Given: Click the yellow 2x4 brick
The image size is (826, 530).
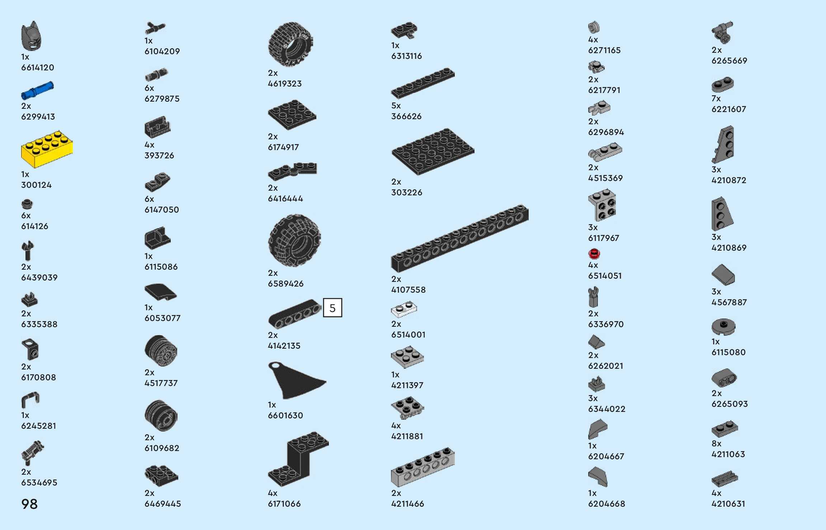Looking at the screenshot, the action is [x=47, y=149].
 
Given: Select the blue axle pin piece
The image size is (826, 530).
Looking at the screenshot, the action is [x=37, y=90].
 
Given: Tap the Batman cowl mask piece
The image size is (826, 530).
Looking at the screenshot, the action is [x=31, y=36].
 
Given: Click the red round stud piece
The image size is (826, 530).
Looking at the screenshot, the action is [x=594, y=254].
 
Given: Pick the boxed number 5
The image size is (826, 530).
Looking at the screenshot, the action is [x=332, y=308].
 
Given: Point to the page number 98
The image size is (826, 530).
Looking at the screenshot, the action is [x=29, y=504].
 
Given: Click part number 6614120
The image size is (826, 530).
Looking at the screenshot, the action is [x=38, y=68].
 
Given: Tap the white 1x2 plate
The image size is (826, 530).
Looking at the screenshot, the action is [x=404, y=309].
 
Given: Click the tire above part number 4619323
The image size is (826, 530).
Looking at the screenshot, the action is [x=291, y=45].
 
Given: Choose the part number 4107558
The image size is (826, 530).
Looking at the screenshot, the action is [x=408, y=290].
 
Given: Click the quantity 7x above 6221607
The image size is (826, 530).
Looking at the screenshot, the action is [x=716, y=98].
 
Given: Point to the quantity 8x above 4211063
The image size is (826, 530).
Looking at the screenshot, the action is [x=716, y=443].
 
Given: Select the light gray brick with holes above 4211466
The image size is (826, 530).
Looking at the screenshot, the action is [x=423, y=466].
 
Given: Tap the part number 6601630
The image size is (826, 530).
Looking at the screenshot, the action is [x=285, y=415].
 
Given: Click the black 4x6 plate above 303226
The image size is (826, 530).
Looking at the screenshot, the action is [x=433, y=151].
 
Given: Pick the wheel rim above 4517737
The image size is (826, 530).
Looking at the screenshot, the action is [x=161, y=351].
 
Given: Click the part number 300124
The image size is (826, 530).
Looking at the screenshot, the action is [x=36, y=185].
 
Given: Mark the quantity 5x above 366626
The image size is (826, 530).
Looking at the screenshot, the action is [x=396, y=106].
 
